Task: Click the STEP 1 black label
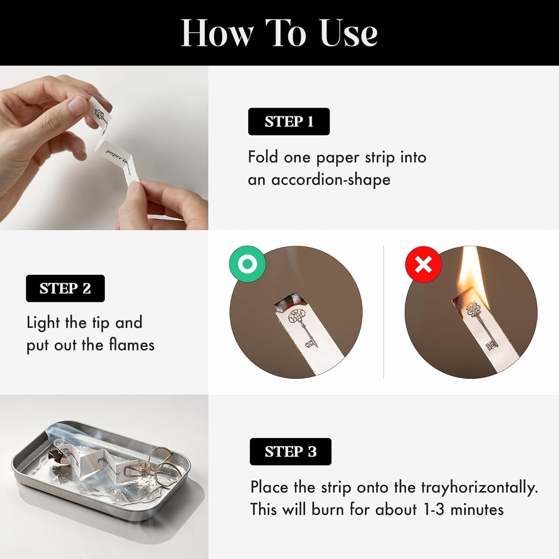click(289, 121)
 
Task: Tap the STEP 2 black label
click(65, 288)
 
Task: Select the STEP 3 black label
click(291, 452)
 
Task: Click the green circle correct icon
click(247, 264)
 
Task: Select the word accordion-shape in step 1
click(331, 180)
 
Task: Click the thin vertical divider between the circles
click(383, 312)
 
